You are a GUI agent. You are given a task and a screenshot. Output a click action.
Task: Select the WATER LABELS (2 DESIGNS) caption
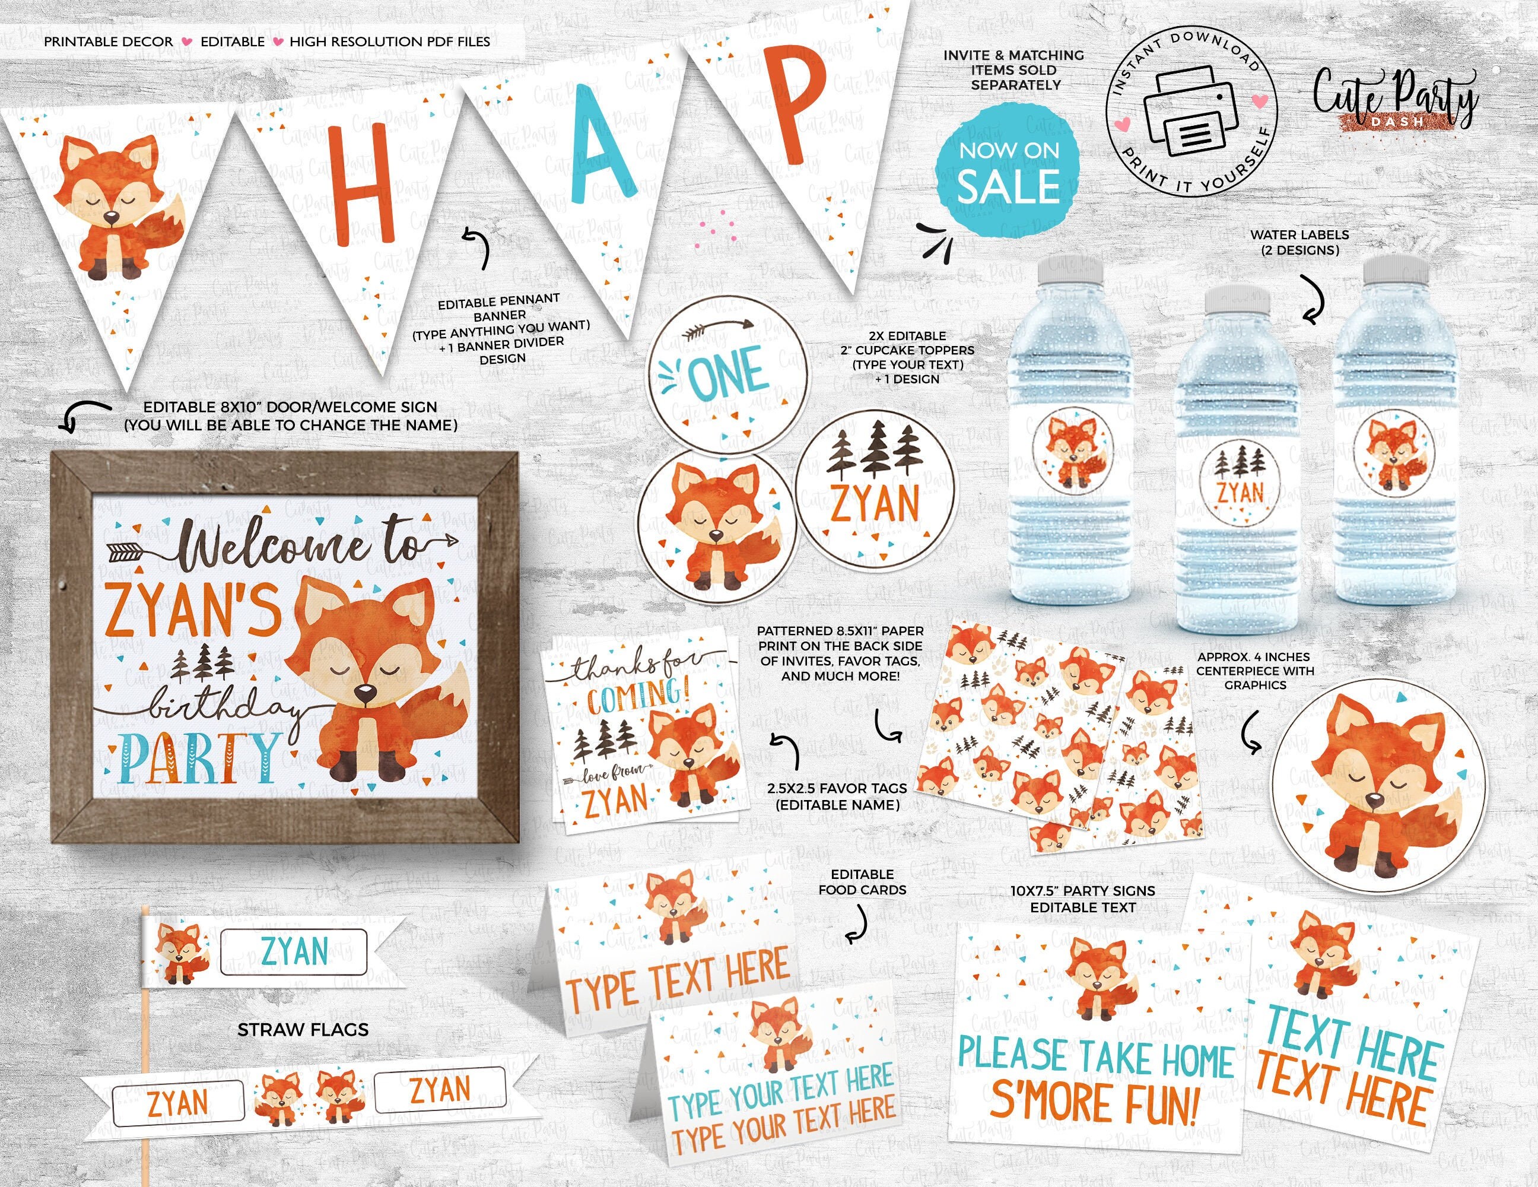coord(1299,242)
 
